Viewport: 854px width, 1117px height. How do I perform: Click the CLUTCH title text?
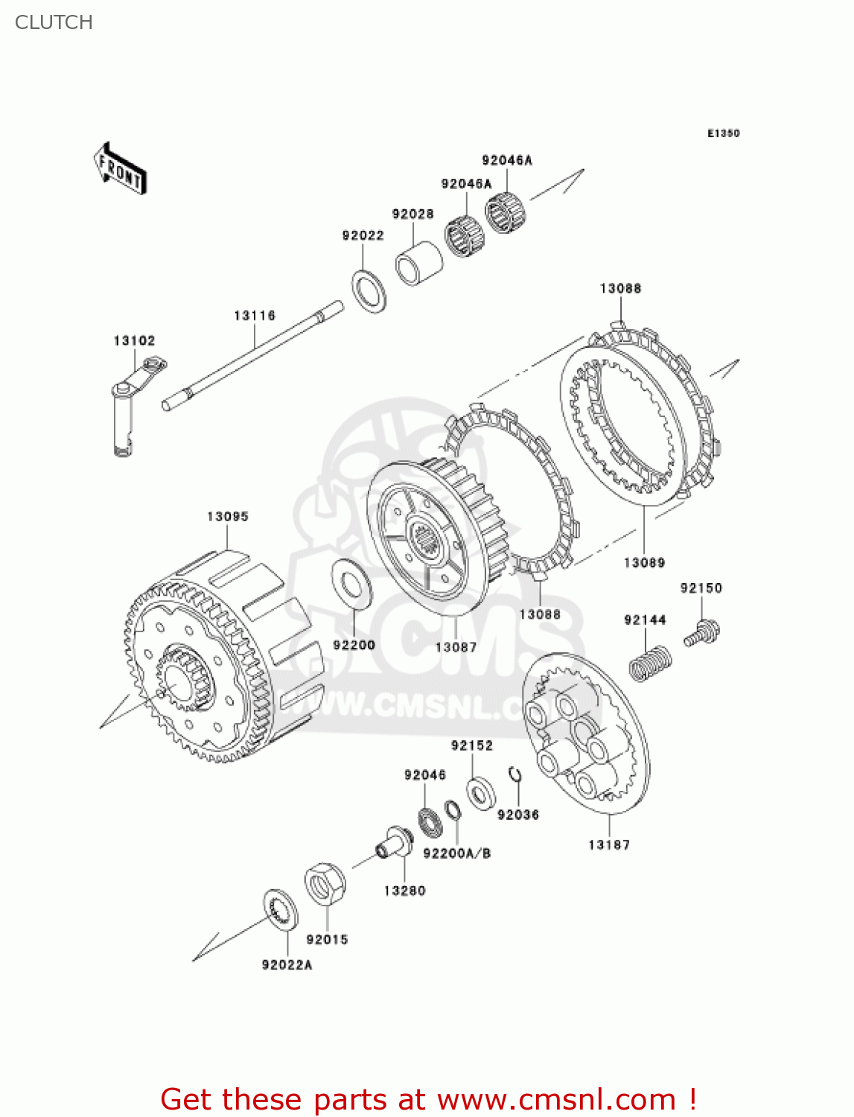(54, 22)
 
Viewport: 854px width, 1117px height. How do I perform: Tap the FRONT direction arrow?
(119, 169)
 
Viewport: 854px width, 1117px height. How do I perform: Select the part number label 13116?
(255, 316)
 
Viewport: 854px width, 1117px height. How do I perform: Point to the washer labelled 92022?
(369, 291)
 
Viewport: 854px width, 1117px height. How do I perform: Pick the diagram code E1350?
(723, 133)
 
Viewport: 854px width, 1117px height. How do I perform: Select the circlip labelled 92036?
(515, 775)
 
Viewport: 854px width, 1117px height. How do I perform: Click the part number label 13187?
(608, 844)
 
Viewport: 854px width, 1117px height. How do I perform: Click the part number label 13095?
(227, 516)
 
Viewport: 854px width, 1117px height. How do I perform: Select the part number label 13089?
(644, 562)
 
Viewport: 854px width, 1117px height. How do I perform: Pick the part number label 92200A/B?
(456, 853)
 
